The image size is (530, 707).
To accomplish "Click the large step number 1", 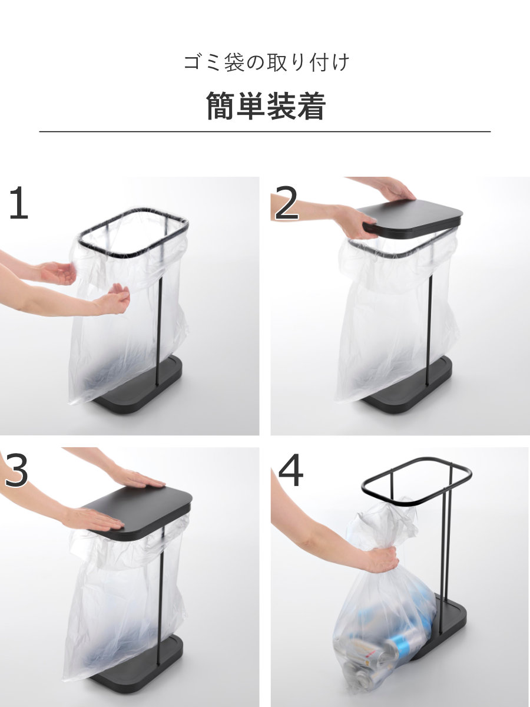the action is pos(19,203).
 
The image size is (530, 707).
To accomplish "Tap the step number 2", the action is pos(287,203).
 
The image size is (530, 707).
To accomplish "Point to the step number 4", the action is pos(290,470).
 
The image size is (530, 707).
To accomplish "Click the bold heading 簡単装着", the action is pos(265,105).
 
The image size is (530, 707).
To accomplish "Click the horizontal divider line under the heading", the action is pos(265,132).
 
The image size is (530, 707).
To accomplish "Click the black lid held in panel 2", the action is pos(413,221).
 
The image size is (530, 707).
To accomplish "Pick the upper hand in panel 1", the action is pos(58,273).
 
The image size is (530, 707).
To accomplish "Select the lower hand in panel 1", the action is pos(113,299).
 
